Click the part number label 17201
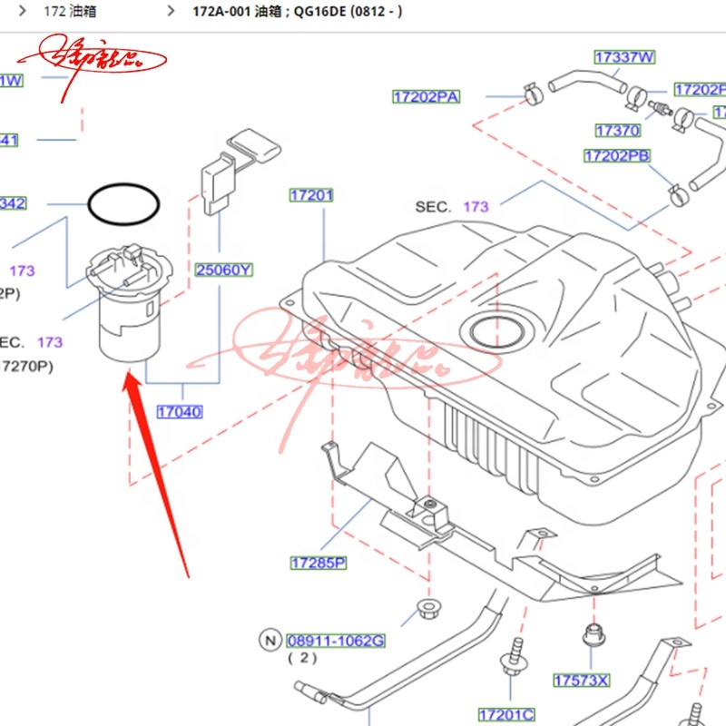[x=312, y=195]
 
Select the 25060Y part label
[x=224, y=270]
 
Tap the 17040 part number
[x=179, y=412]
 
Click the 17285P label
[x=319, y=564]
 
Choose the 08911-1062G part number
[x=336, y=642]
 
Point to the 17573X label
[x=582, y=680]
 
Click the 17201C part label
[x=506, y=714]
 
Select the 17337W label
[x=624, y=57]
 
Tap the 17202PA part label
[x=426, y=96]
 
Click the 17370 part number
[x=617, y=131]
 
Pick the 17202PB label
[x=617, y=156]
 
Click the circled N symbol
[x=270, y=641]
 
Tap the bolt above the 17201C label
[x=515, y=657]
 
